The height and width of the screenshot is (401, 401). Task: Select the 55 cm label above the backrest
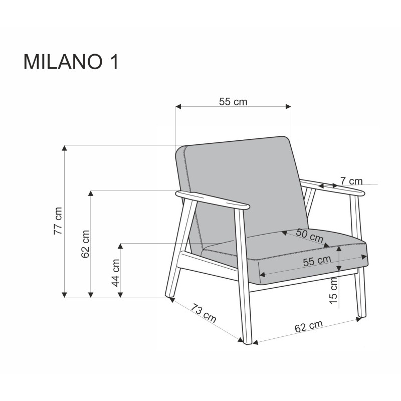(x=233, y=101)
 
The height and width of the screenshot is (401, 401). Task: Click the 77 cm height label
(x=59, y=221)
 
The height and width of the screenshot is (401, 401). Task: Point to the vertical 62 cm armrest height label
(x=85, y=244)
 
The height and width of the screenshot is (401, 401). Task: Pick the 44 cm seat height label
(x=115, y=273)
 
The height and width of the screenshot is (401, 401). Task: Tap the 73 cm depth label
(x=203, y=313)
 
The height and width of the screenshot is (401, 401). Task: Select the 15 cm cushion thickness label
(x=334, y=292)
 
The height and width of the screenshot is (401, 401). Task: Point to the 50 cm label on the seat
(x=309, y=235)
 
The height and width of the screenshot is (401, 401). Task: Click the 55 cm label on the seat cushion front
(x=317, y=260)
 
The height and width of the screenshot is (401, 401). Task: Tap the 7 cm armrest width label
(x=351, y=180)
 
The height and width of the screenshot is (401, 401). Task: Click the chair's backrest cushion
(x=241, y=185)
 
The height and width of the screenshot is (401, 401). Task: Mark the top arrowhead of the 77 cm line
(x=64, y=148)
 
